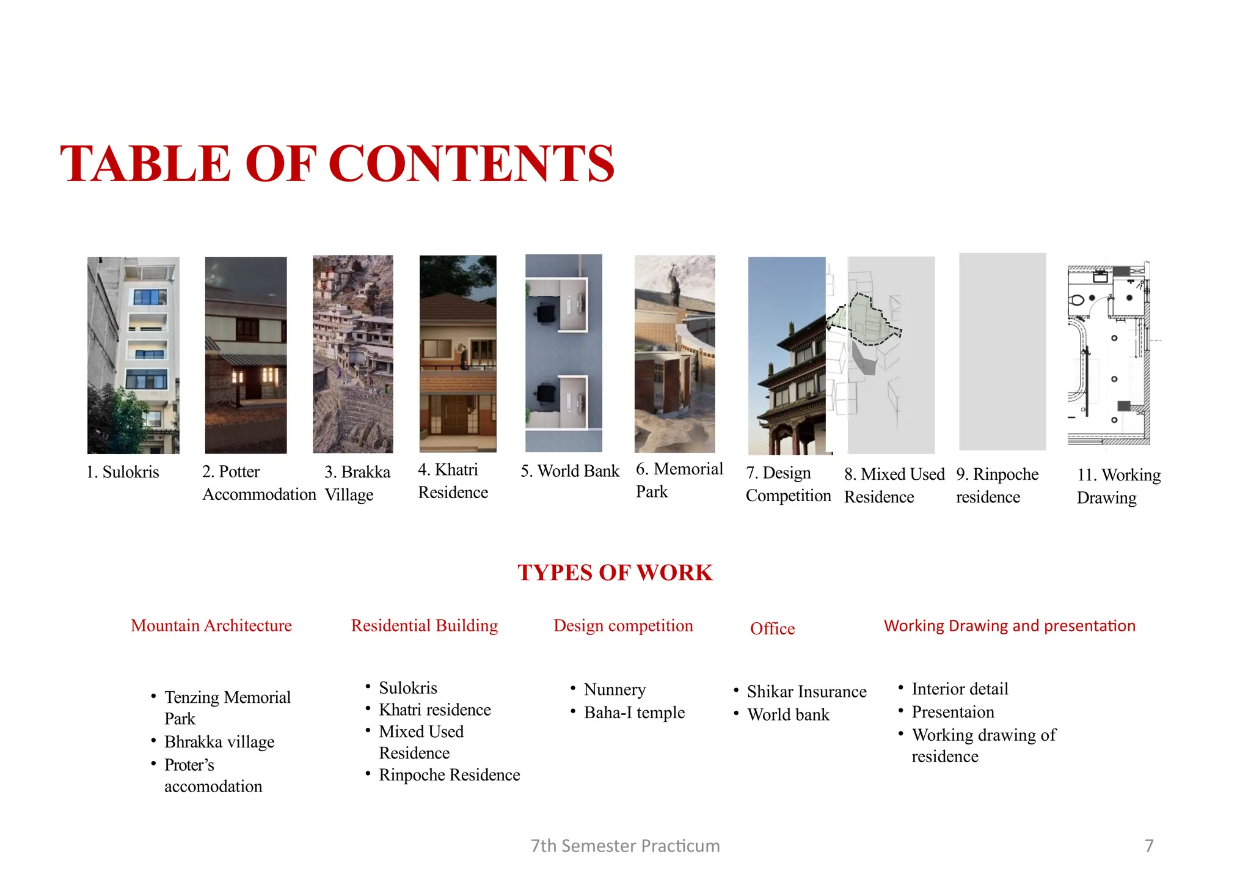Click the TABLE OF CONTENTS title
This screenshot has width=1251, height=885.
point(337,164)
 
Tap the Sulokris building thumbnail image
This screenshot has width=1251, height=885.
point(133,354)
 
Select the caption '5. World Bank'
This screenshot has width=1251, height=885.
point(569,471)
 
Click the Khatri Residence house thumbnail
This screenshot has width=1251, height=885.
point(458,353)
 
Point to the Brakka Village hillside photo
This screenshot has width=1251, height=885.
point(352,354)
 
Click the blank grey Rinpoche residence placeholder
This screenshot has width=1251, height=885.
point(1002,351)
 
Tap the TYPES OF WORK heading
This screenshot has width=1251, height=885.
point(615,573)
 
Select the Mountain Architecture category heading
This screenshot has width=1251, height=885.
point(211,626)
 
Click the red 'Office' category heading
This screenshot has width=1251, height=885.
point(772,629)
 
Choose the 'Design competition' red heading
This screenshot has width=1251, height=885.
point(623,626)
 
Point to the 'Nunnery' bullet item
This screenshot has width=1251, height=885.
point(615,690)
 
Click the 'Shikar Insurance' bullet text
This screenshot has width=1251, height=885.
point(806,692)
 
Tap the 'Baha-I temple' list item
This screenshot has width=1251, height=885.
point(634,713)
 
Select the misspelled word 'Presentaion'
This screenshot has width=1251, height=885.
point(953,713)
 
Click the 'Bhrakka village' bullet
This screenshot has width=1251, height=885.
point(219,743)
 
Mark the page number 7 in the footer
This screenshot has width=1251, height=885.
point(1149,846)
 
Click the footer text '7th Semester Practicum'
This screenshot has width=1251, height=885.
point(625,846)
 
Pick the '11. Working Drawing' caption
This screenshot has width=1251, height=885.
point(1118,487)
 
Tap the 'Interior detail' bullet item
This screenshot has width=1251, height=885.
point(960,689)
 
